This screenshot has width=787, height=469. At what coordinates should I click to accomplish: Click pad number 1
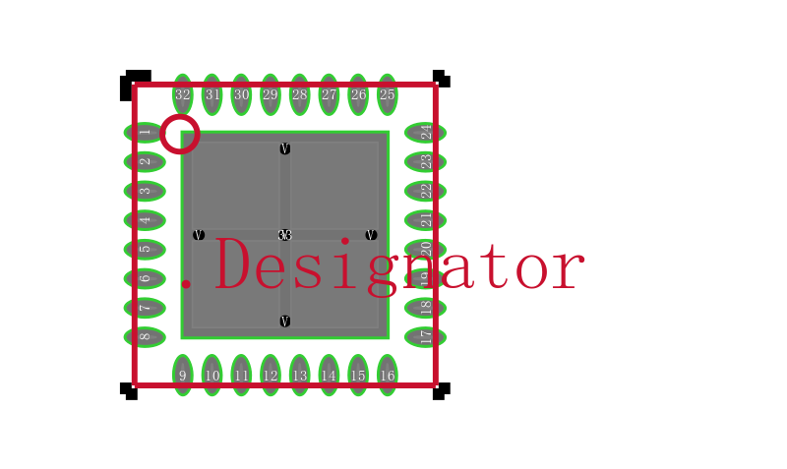(144, 133)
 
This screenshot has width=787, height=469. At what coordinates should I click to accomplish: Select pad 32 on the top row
(183, 94)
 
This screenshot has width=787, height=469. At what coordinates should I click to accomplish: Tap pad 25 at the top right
(388, 94)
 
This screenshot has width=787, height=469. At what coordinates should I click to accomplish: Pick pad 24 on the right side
(425, 133)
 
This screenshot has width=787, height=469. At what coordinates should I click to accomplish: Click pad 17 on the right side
(425, 337)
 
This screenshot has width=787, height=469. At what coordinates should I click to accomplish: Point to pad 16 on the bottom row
(388, 375)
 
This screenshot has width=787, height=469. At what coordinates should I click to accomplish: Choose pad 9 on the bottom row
(183, 375)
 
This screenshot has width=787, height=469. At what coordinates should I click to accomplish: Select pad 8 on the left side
(144, 337)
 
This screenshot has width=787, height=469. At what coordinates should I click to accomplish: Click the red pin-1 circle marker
(180, 134)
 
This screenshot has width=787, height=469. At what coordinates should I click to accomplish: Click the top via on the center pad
(285, 149)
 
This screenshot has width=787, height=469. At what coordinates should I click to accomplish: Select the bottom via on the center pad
(285, 322)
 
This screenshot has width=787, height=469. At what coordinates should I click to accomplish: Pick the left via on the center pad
(199, 235)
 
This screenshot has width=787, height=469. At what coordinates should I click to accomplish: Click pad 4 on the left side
(144, 220)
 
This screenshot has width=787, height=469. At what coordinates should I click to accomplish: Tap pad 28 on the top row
(300, 94)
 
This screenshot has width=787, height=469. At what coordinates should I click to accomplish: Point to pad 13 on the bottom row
(300, 375)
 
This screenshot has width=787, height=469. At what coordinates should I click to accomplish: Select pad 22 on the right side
(425, 191)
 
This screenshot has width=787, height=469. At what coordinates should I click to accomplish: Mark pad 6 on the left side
(144, 278)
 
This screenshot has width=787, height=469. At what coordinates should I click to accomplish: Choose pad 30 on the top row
(241, 94)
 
